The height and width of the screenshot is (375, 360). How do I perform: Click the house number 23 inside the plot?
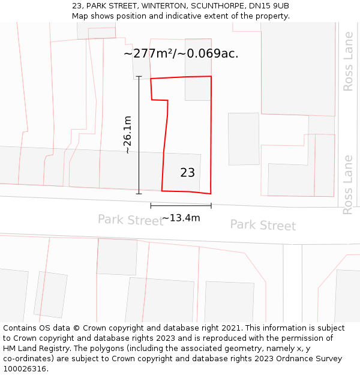click(x=187, y=173)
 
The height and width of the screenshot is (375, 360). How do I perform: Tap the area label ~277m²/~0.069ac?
click(x=181, y=53)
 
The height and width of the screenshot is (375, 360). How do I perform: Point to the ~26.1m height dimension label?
click(x=127, y=135)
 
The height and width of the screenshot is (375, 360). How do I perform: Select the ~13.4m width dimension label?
click(x=181, y=218)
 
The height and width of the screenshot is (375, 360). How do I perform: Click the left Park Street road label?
click(x=130, y=220)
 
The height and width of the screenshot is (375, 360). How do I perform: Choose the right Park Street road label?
click(x=263, y=226)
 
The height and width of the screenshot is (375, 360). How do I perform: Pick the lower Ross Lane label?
click(x=348, y=184)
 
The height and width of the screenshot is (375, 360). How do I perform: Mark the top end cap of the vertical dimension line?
click(x=139, y=77)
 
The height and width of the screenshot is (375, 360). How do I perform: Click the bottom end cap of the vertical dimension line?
click(x=139, y=194)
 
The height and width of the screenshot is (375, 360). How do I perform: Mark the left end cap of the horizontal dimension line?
click(x=151, y=206)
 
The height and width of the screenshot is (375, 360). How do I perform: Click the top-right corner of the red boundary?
click(x=211, y=76)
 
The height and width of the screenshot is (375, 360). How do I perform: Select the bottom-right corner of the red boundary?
click(x=211, y=194)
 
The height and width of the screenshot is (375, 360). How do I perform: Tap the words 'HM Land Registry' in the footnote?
click(x=35, y=348)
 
